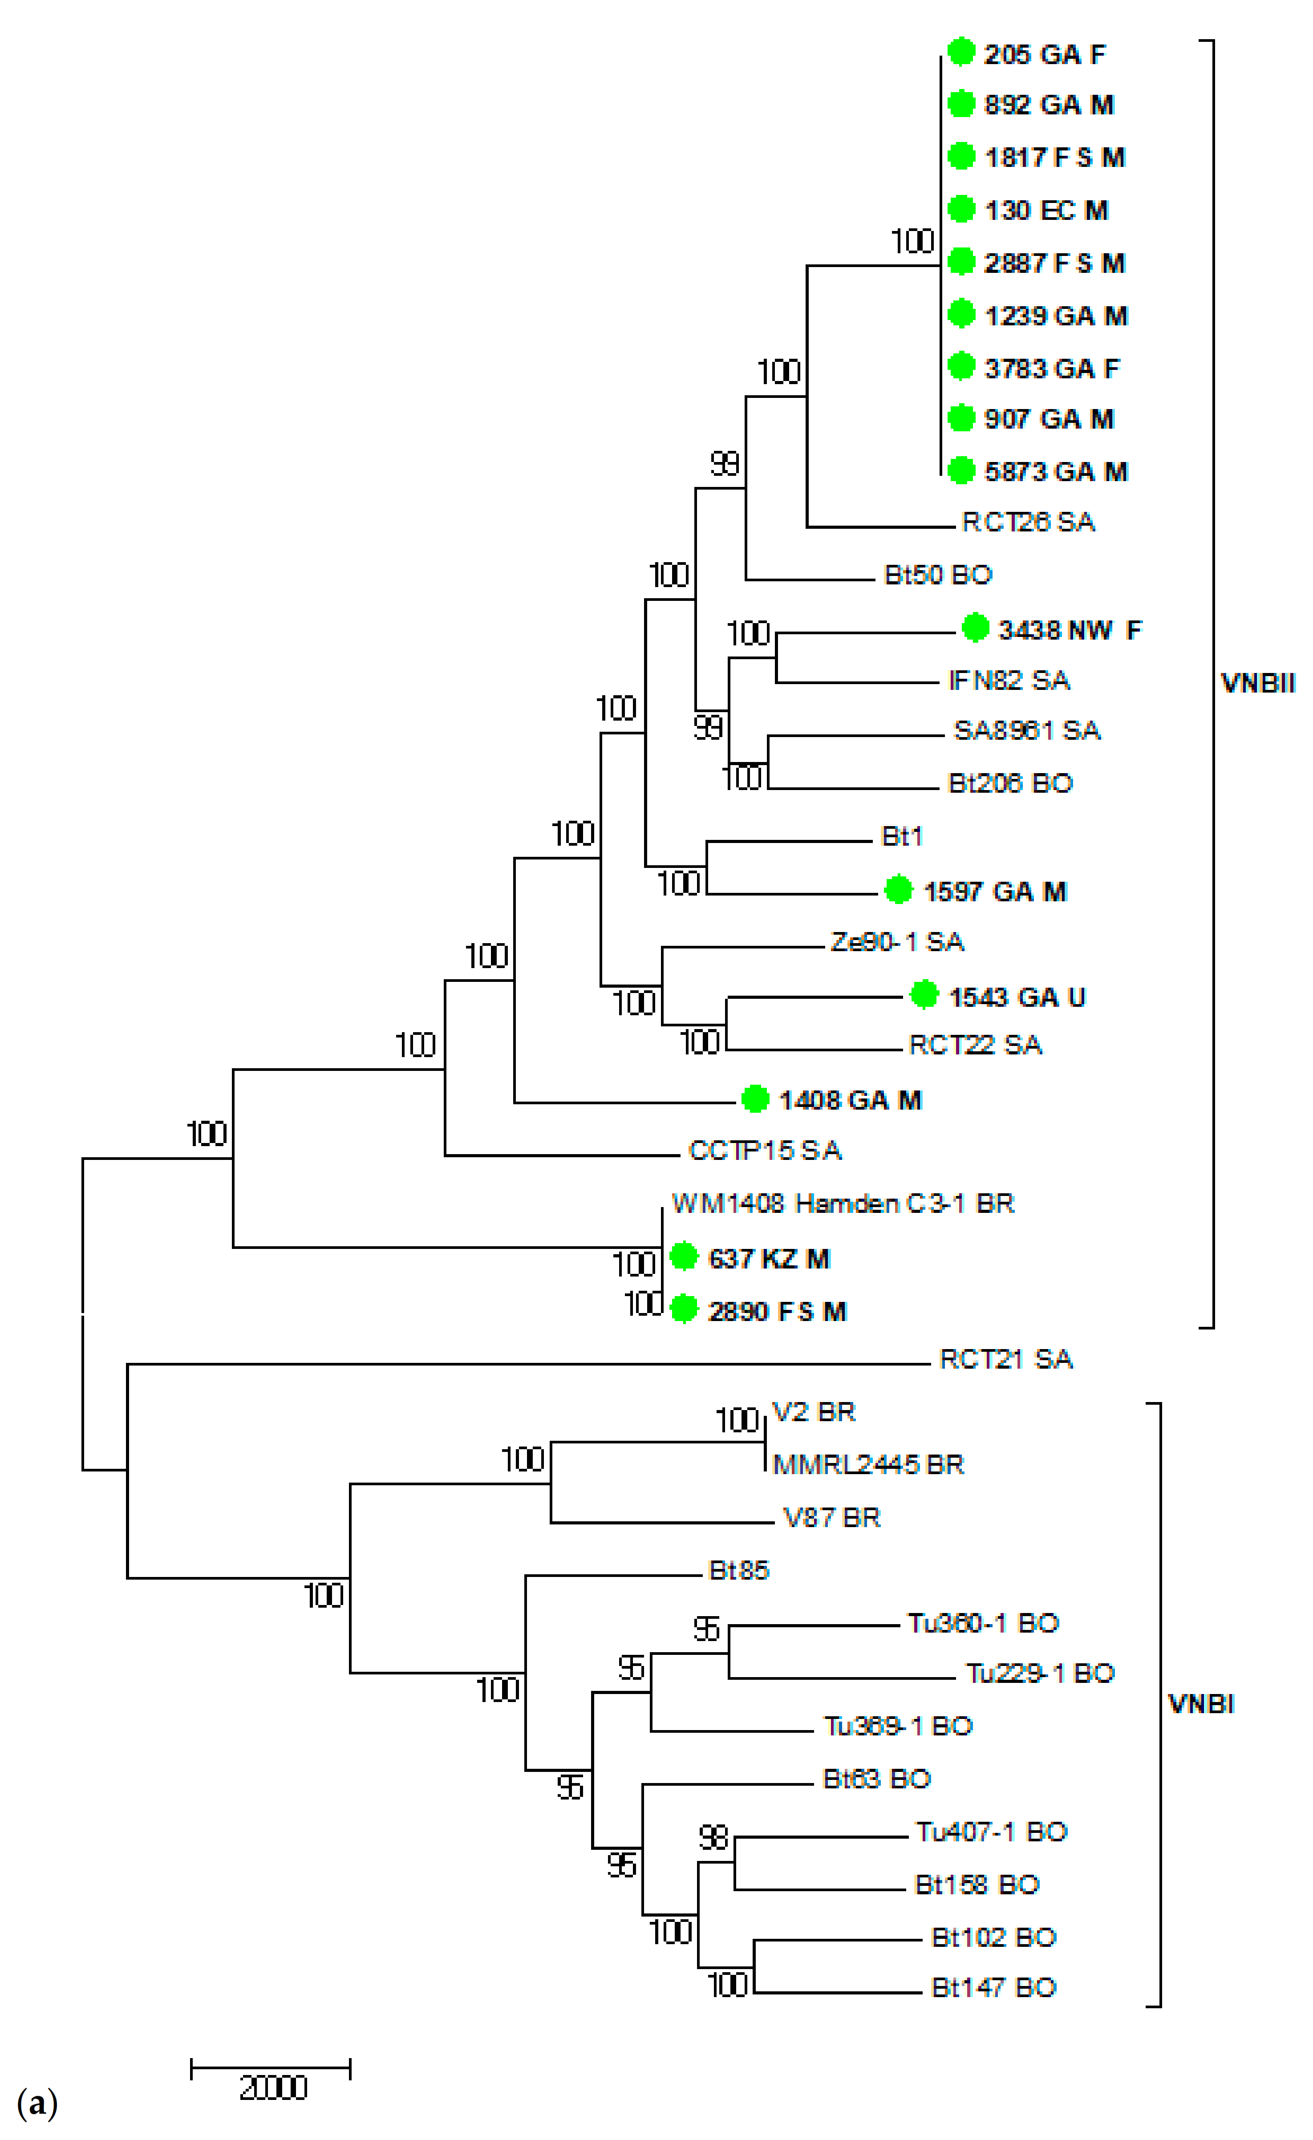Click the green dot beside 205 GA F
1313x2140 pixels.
[960, 52]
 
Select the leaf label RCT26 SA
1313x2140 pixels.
[1028, 522]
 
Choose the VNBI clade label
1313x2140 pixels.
[1201, 1704]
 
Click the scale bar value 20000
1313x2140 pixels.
[273, 2088]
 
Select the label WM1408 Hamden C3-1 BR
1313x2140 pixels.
[843, 1204]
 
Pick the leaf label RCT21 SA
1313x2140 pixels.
[1005, 1359]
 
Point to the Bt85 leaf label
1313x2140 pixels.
[739, 1570]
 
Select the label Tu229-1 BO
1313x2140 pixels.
[1040, 1674]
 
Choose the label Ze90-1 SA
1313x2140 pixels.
[897, 942]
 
